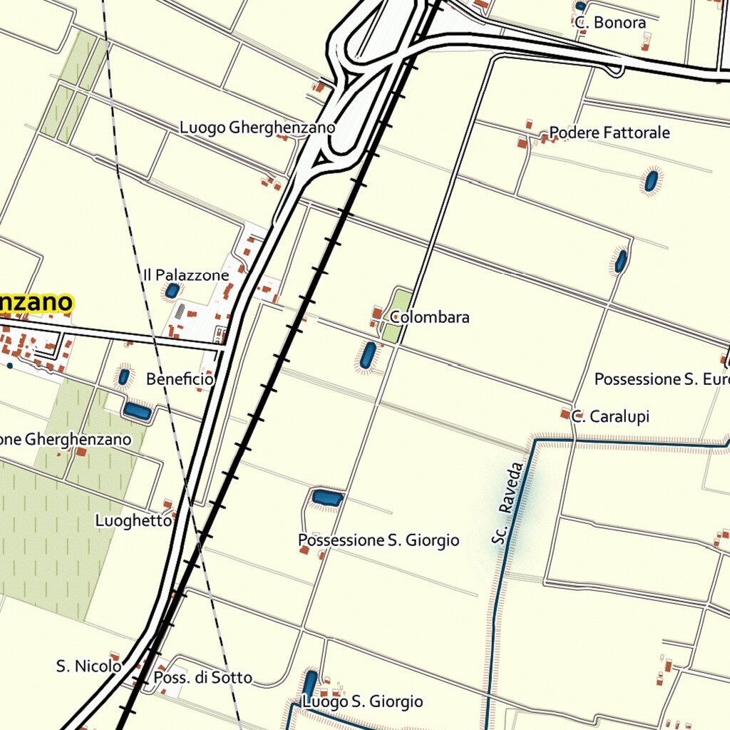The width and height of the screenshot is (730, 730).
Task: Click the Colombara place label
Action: tap(429, 317)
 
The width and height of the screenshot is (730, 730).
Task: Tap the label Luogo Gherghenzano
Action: tap(257, 128)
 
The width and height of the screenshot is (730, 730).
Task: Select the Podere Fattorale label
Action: tap(609, 133)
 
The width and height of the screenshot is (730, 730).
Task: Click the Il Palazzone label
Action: tap(186, 275)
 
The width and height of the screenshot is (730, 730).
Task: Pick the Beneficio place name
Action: tap(180, 379)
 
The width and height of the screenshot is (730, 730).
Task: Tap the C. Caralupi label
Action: tap(610, 416)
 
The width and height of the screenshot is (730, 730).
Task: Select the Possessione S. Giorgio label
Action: tap(379, 540)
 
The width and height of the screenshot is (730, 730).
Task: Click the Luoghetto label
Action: tap(133, 521)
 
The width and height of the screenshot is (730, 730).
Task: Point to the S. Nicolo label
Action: tap(88, 667)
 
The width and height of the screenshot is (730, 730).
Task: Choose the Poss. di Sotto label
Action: tap(202, 677)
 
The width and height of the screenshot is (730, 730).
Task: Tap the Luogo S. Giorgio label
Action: tap(362, 702)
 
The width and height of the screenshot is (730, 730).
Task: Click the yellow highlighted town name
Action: tap(36, 303)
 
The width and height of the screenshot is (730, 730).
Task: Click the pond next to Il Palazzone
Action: tap(172, 291)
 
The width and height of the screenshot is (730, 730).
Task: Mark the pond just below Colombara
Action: tap(368, 355)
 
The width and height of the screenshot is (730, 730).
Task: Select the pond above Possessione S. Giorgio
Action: tap(328, 498)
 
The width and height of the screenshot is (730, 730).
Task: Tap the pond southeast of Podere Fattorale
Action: tap(651, 181)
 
